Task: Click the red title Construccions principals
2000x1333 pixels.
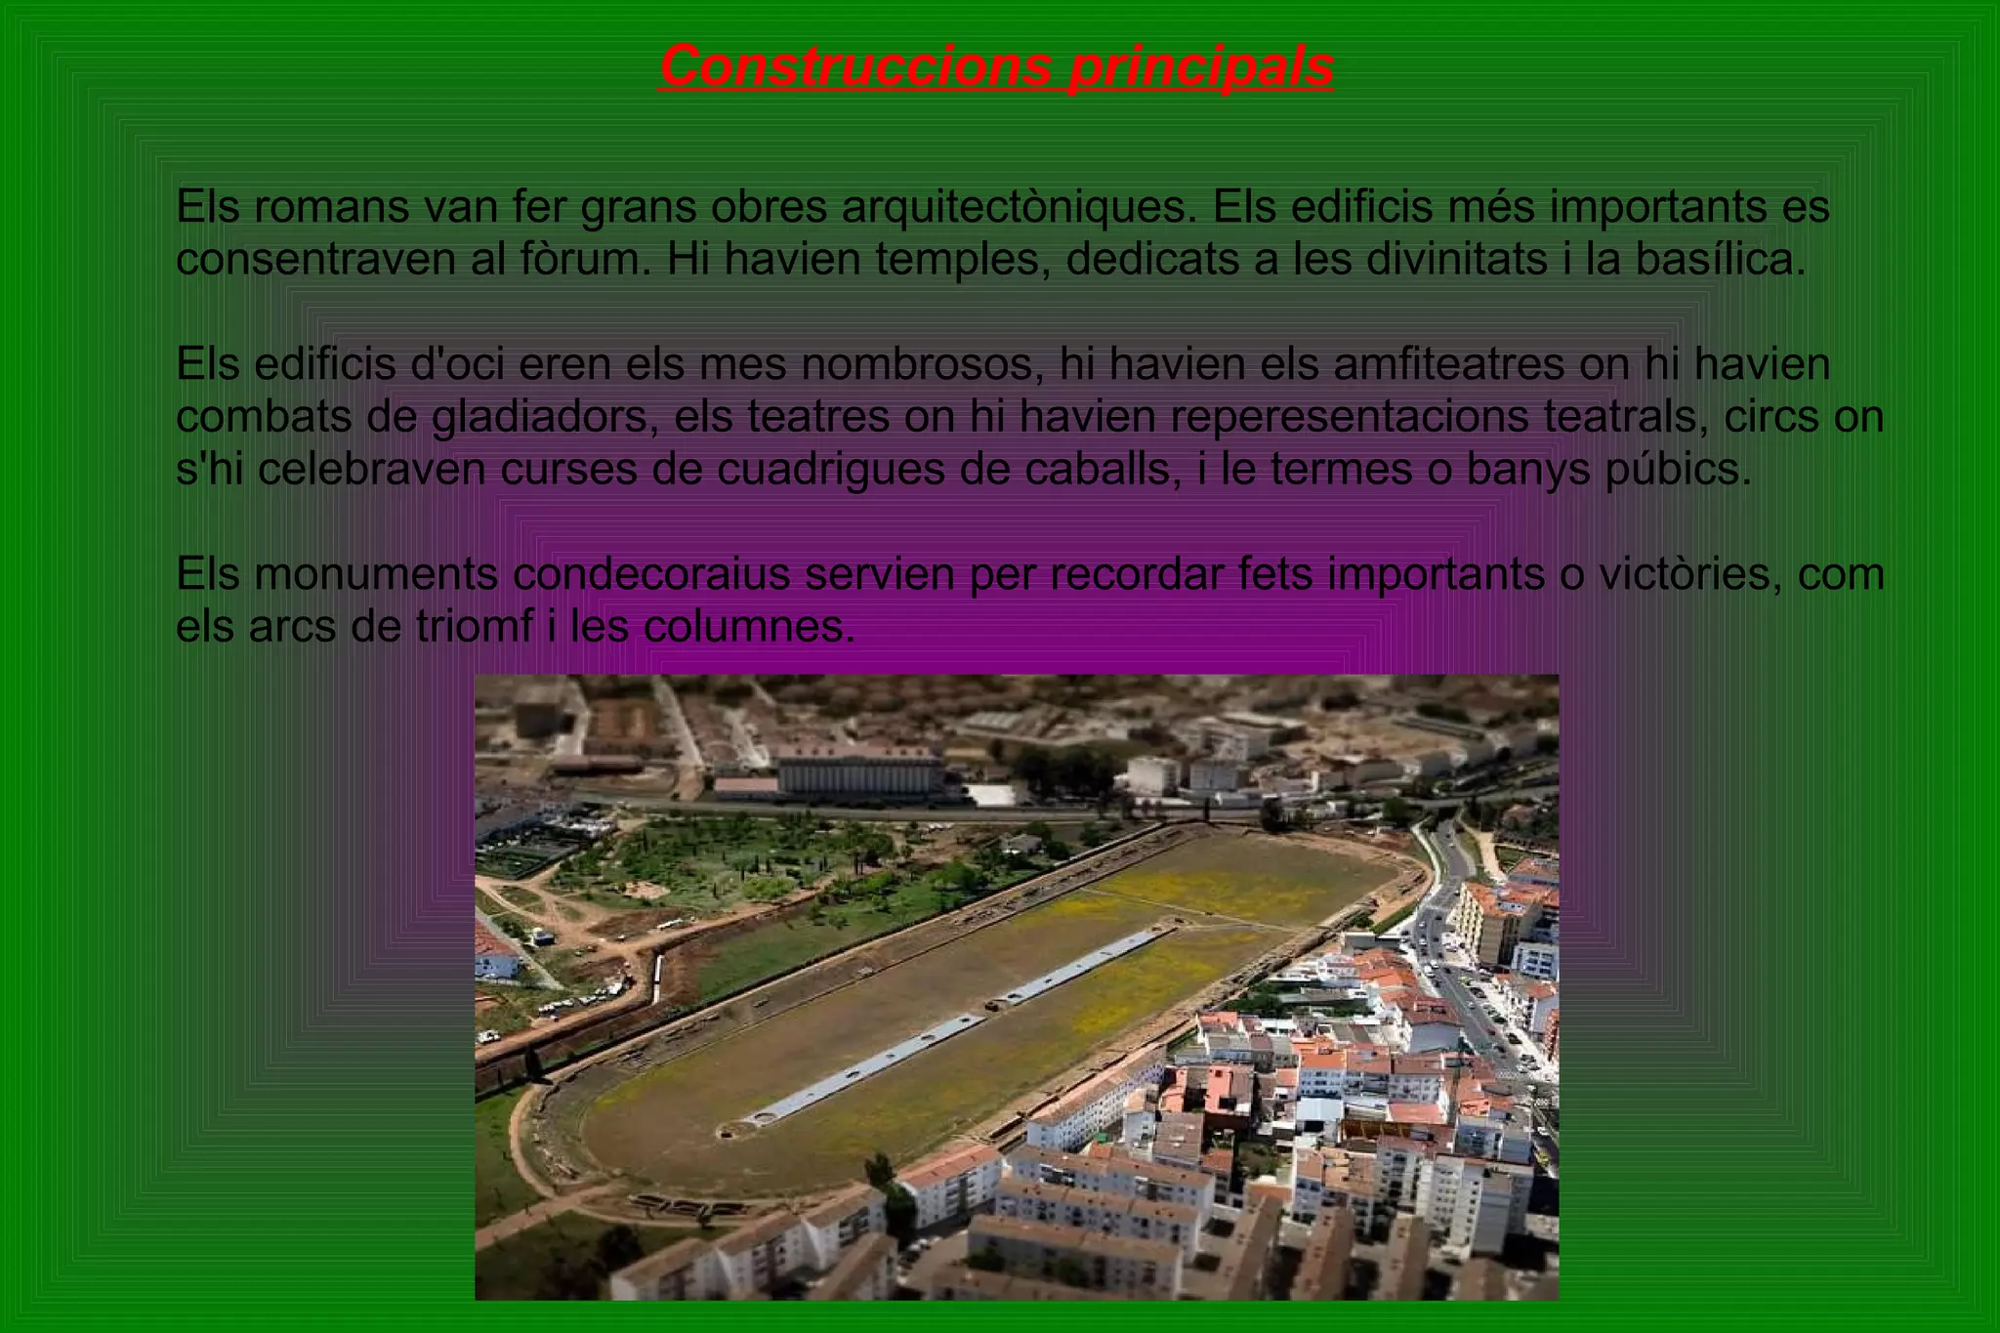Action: (x=996, y=66)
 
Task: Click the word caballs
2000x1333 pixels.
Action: (x=1097, y=471)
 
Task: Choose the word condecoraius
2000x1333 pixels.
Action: (x=651, y=575)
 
